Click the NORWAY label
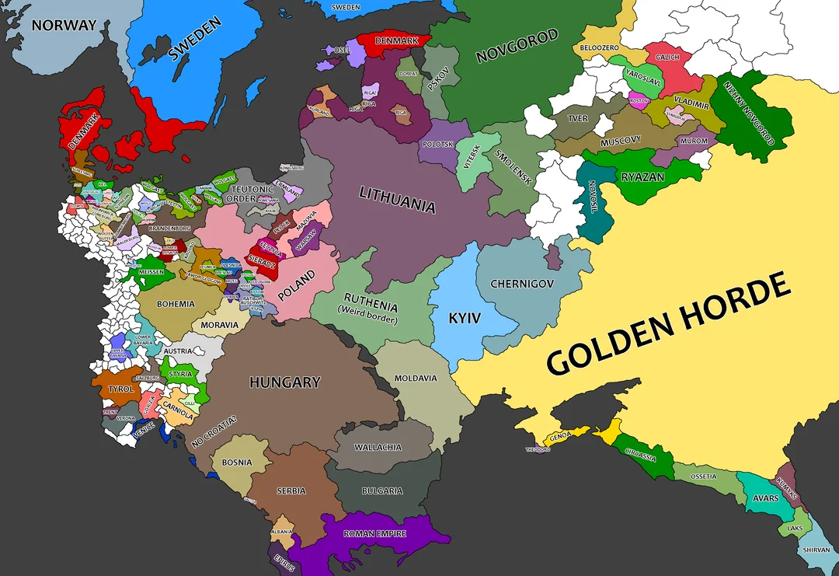64,26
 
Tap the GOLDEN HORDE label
668,326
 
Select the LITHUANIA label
397,200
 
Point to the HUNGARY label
284,382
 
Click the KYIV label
465,318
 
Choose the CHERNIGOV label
522,284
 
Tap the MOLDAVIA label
416,379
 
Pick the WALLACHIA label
378,448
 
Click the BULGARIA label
382,490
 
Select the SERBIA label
291,490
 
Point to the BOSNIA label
237,462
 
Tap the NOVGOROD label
517,46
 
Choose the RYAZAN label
642,177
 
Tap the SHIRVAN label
816,550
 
